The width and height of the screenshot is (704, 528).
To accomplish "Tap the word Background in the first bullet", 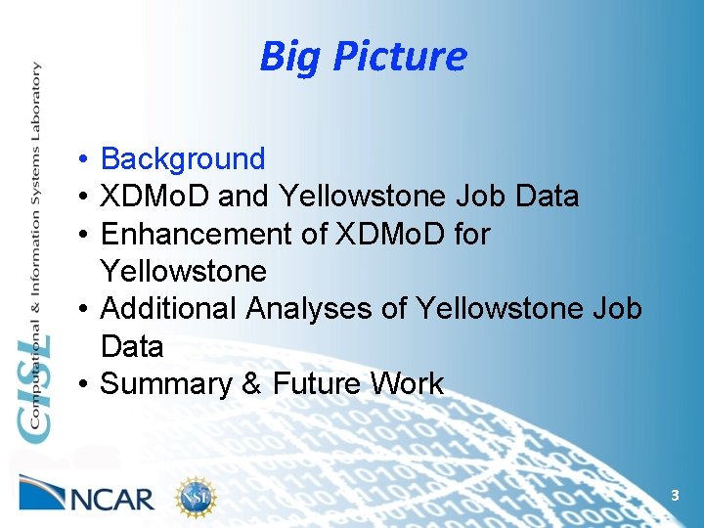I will click(x=183, y=158).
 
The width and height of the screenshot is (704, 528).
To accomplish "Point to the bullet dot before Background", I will click(x=86, y=159).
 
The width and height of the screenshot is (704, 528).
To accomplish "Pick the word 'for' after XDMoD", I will click(x=467, y=235).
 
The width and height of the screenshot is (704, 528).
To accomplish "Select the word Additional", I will click(x=169, y=309).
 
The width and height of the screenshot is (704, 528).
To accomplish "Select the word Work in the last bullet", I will click(x=411, y=384).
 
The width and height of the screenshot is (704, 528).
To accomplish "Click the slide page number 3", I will click(x=674, y=497).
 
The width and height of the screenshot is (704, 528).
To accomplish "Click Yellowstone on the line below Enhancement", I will click(x=183, y=271).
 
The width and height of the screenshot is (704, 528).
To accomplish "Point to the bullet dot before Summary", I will click(x=86, y=384).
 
